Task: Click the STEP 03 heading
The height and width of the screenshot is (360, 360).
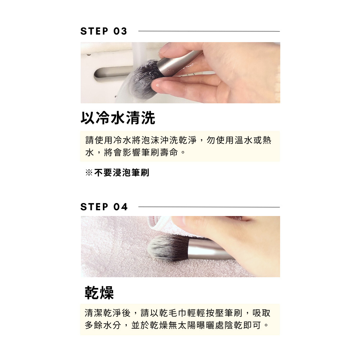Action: pyautogui.click(x=104, y=31)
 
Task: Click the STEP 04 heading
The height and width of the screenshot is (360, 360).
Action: pyautogui.click(x=104, y=207)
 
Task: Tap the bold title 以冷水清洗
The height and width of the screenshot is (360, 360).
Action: pyautogui.click(x=118, y=118)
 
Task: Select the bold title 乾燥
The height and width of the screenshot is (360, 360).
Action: pyautogui.click(x=99, y=293)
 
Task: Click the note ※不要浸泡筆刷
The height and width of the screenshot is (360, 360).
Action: pyautogui.click(x=117, y=173)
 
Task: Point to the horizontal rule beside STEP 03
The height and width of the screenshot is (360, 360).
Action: pyautogui.click(x=209, y=31)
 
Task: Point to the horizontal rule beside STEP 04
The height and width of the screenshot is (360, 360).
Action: pyautogui.click(x=209, y=207)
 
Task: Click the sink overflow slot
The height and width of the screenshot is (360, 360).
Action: pyautogui.click(x=112, y=74)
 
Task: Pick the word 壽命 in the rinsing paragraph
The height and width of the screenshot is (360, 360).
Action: pyautogui.click(x=169, y=152)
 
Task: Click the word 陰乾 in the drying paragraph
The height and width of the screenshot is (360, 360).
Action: pyautogui.click(x=234, y=325)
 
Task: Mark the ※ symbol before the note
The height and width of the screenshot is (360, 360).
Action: pyautogui.click(x=89, y=173)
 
